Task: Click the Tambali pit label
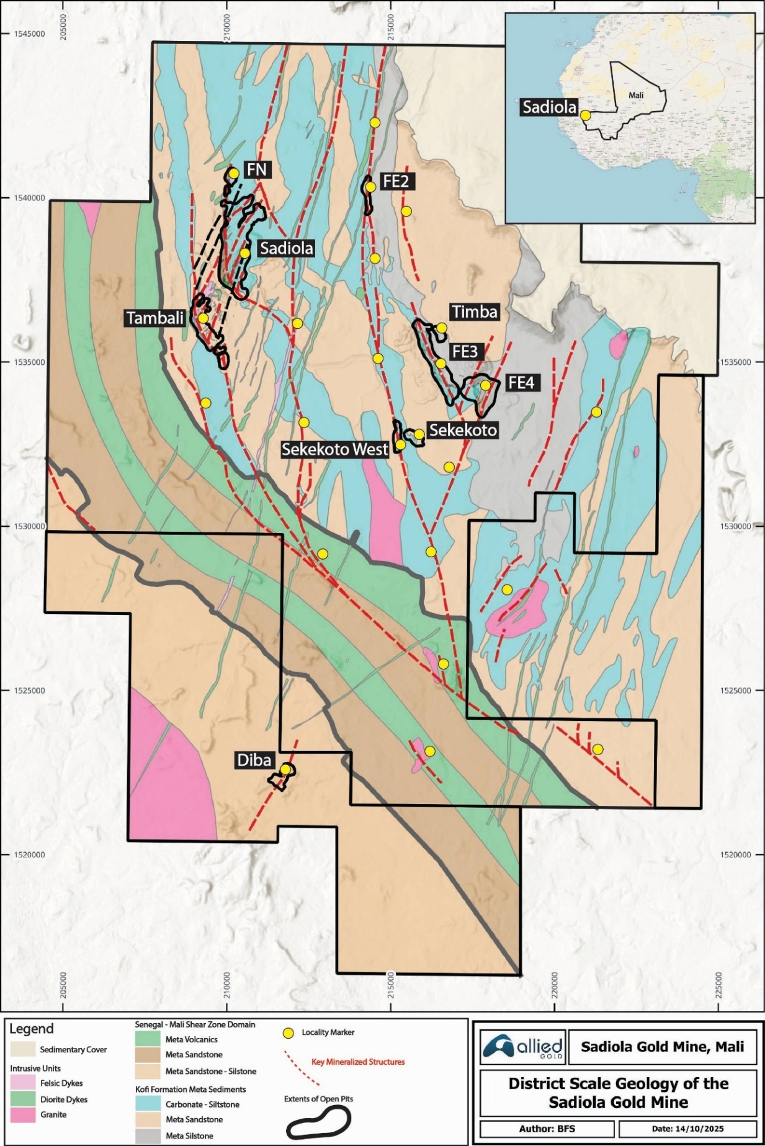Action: pyautogui.click(x=155, y=318)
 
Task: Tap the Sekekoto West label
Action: pyautogui.click(x=334, y=449)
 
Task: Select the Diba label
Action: pyautogui.click(x=254, y=760)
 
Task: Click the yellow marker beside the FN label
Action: pyautogui.click(x=234, y=173)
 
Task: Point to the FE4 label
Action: pyautogui.click(x=521, y=383)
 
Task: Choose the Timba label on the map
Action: pyautogui.click(x=475, y=311)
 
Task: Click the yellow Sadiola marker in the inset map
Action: pyautogui.click(x=585, y=115)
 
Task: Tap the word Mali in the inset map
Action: pyautogui.click(x=636, y=96)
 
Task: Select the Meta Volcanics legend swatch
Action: pyautogui.click(x=148, y=1039)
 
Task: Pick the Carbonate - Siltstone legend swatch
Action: pyautogui.click(x=148, y=1104)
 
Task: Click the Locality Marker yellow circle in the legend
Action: pyautogui.click(x=288, y=1033)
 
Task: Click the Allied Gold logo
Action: pyautogui.click(x=522, y=1047)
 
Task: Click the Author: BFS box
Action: pyautogui.click(x=547, y=1129)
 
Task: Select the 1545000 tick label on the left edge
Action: pyautogui.click(x=29, y=34)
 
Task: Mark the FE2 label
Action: pyautogui.click(x=396, y=181)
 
